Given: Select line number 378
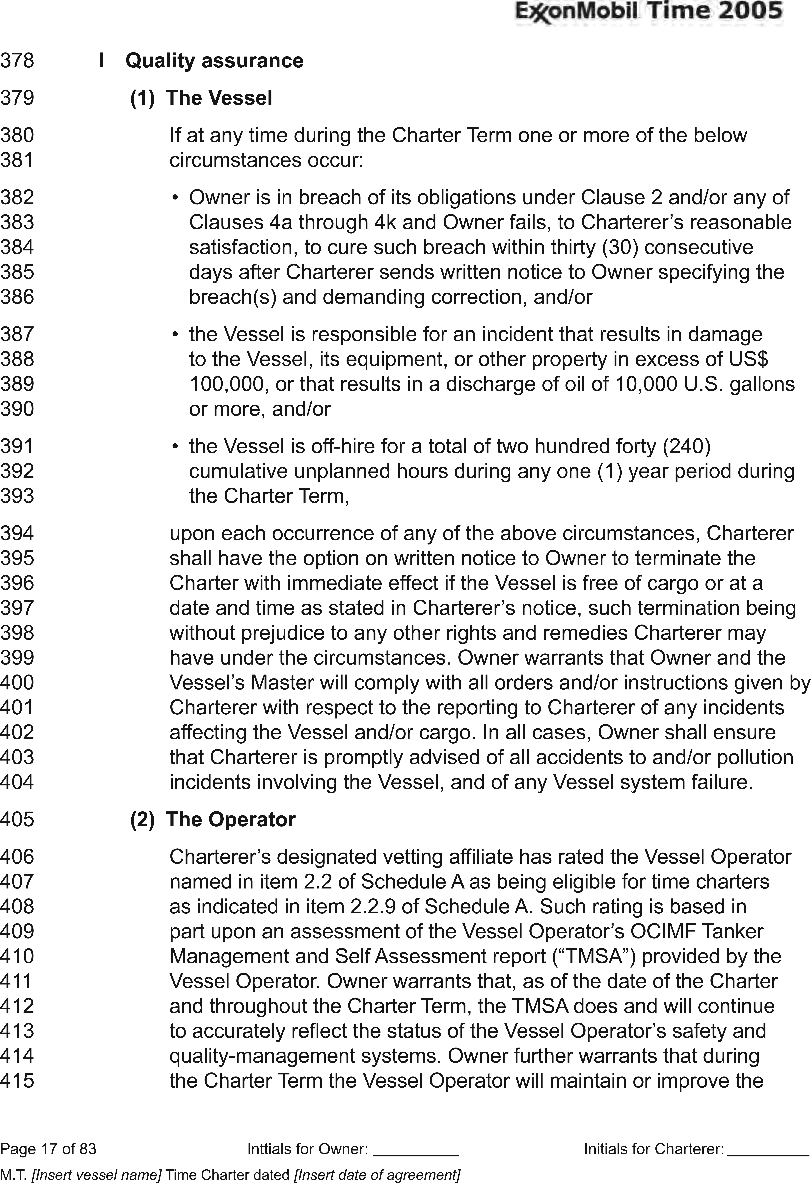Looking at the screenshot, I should [17, 61].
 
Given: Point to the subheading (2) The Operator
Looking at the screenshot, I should [213, 819].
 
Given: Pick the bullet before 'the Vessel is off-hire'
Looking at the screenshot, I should [175, 446].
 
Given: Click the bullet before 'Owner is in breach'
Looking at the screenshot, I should [175, 197].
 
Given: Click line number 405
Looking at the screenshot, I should [17, 819].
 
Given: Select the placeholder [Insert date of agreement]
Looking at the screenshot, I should [377, 1171].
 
